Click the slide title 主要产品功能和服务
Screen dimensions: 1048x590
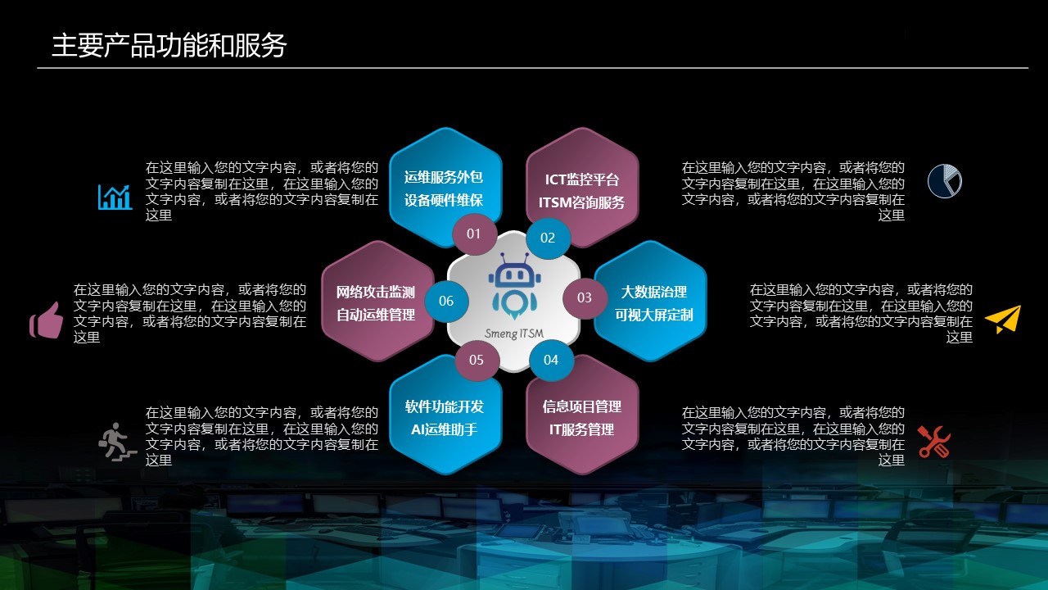(x=169, y=45)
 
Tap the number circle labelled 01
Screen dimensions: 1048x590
(x=474, y=234)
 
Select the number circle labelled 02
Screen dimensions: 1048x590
(x=548, y=238)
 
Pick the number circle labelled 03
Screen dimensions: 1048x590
(x=585, y=297)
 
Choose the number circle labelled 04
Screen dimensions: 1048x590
(x=551, y=360)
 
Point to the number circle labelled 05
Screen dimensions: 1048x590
(x=477, y=360)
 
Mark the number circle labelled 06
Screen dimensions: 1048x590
(x=446, y=301)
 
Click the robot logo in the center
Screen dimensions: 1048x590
(x=514, y=287)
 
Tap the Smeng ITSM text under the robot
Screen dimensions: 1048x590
(x=514, y=334)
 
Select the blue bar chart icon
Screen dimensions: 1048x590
(x=115, y=197)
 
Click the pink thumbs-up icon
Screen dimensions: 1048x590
(x=47, y=320)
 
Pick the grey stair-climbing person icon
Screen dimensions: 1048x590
(x=117, y=442)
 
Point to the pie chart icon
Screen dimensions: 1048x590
(x=945, y=181)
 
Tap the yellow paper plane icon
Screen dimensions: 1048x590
(x=1003, y=320)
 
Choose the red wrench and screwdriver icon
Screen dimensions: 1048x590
(x=934, y=442)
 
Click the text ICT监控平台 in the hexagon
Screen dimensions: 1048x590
(x=582, y=179)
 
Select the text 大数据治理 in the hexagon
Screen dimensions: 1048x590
(x=653, y=293)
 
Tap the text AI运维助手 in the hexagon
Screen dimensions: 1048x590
(x=444, y=429)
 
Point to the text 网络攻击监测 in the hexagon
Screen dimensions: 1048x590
(x=375, y=293)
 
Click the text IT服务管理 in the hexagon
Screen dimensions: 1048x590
(x=581, y=429)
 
